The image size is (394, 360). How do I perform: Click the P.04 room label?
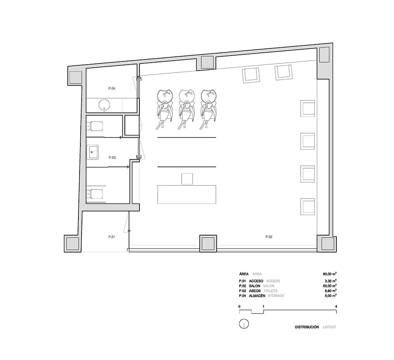112,89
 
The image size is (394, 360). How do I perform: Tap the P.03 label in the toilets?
112,158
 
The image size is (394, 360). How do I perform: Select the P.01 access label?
112,237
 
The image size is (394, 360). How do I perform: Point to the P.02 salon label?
269,237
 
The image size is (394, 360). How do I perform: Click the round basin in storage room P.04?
104,105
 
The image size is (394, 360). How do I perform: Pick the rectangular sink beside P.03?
93,152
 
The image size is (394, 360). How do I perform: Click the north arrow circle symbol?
244,324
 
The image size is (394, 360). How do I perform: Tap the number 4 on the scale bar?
336,306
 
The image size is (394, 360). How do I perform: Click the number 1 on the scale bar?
263,306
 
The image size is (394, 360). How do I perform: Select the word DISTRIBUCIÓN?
307,327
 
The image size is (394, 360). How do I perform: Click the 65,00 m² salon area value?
330,286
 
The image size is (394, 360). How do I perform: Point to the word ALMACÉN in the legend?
257,296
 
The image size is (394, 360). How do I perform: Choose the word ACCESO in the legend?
256,281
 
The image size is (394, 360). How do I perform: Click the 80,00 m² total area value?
330,274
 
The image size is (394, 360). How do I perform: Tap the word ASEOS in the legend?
255,291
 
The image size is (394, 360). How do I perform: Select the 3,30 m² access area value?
331,281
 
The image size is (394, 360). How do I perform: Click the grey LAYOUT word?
329,327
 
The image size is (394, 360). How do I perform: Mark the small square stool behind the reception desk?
187,178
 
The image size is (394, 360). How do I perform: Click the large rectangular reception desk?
187,195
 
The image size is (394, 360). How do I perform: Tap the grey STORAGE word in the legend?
276,296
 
